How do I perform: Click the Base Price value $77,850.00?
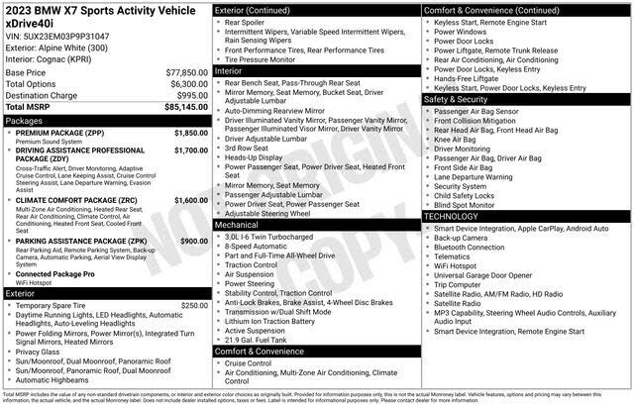point(183,73)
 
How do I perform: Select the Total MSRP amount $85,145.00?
point(181,106)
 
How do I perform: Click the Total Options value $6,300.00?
point(185,84)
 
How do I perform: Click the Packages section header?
point(25,120)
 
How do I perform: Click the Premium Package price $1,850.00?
point(190,132)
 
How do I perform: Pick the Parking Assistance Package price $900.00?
point(193,241)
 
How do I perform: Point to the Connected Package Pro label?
point(55,272)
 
